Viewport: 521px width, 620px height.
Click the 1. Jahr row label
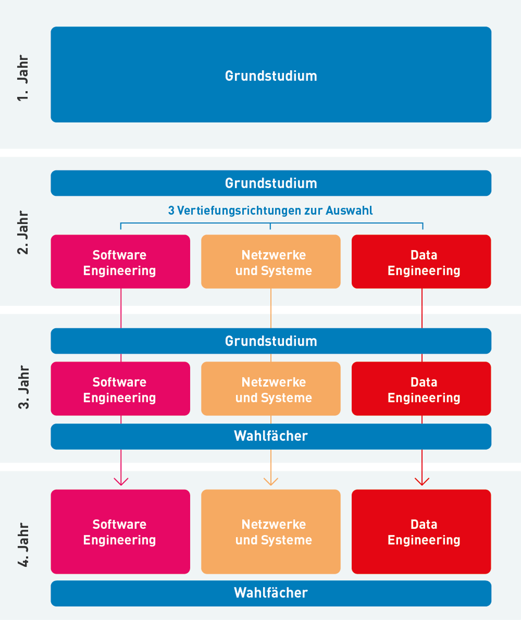point(23,78)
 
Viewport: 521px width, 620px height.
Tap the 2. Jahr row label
point(23,233)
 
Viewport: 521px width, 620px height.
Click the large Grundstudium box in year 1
point(271,75)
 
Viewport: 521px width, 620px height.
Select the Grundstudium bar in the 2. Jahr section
point(271,183)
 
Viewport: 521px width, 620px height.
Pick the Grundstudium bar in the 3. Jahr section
point(271,341)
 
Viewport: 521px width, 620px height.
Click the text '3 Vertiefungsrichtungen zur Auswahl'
point(270,211)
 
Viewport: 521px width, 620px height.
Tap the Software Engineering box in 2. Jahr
point(120,262)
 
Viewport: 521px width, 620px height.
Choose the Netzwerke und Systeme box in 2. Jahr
point(271,262)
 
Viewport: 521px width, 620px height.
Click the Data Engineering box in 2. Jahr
point(421,262)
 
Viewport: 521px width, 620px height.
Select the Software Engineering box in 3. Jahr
point(120,389)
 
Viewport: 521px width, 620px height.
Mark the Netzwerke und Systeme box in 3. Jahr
point(271,389)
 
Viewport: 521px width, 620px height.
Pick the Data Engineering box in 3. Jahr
point(421,389)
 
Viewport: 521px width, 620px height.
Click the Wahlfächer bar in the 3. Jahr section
point(271,436)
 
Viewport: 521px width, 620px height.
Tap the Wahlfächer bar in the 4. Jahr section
point(271,593)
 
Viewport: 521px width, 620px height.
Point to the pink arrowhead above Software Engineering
point(121,481)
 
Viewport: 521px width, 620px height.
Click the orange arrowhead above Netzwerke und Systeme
point(271,481)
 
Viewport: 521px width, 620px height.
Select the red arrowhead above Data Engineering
point(422,481)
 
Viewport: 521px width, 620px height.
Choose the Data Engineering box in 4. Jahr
point(421,532)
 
